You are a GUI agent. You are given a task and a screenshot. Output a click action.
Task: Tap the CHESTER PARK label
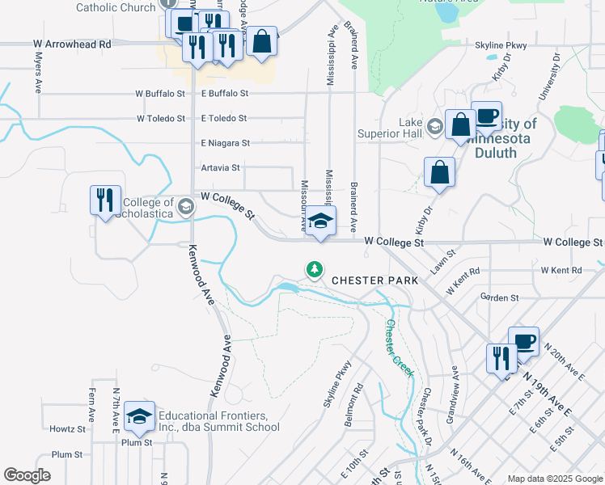375,280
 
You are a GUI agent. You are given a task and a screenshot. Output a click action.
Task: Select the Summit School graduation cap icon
139,415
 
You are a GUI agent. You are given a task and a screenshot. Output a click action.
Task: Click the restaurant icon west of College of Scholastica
105,199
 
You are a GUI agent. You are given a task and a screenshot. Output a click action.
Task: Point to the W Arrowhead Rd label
71,44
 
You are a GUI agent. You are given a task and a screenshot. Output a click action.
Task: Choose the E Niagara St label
225,143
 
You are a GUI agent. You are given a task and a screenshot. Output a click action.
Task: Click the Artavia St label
221,168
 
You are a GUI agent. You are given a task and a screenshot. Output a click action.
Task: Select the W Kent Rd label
561,270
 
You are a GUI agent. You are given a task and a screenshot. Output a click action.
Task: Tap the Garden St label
498,297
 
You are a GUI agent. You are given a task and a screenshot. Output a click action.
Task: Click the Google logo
27,475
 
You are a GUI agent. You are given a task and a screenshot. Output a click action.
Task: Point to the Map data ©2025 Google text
555,479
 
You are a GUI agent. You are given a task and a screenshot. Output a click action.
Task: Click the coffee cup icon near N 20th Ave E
523,340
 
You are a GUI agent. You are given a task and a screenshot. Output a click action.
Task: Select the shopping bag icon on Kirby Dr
439,172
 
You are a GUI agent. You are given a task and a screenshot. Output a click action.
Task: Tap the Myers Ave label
38,73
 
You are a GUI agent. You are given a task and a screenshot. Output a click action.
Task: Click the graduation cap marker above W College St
320,220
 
